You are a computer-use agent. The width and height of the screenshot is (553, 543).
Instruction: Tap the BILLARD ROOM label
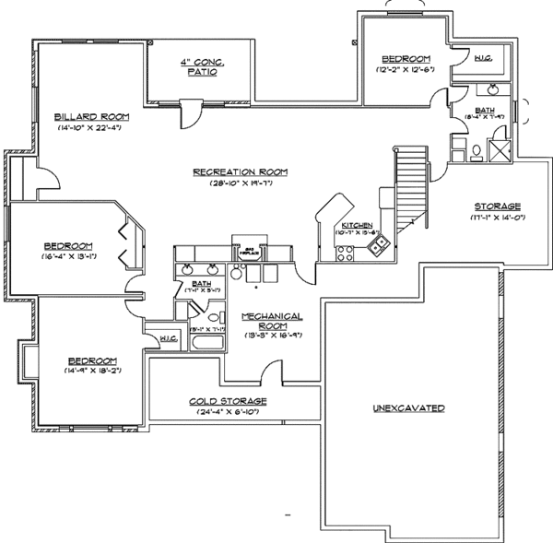pos(89,116)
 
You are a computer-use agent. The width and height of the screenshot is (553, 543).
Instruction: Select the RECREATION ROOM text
pos(241,171)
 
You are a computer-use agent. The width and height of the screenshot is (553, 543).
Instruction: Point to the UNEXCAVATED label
pos(409,407)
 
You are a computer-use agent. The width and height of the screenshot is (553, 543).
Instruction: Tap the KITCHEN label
pos(356,225)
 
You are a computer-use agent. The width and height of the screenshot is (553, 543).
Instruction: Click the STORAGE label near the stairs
pos(497,206)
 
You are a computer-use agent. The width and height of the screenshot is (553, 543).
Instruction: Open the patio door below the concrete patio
pos(188,115)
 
